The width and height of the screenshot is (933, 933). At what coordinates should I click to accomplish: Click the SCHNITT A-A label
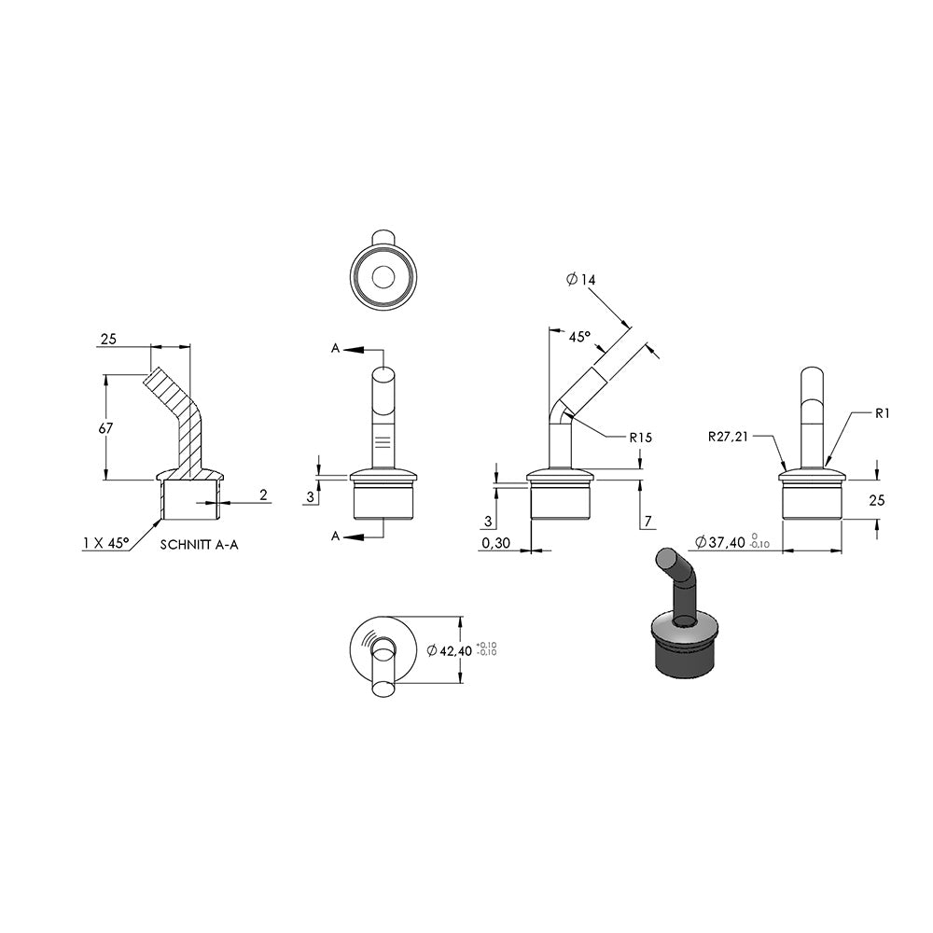tap(200, 545)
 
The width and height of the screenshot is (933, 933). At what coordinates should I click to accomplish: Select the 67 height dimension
tap(105, 428)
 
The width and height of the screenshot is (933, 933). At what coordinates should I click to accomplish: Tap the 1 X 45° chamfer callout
tap(106, 543)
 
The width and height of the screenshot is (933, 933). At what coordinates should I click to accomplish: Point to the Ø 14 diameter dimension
tap(580, 279)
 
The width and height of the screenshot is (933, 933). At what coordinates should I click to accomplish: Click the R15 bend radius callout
tap(640, 438)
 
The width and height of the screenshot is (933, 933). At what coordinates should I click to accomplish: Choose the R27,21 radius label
tap(728, 437)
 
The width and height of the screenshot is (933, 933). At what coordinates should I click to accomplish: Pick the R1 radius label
tap(882, 413)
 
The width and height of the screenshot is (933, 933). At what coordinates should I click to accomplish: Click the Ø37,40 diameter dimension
tap(720, 542)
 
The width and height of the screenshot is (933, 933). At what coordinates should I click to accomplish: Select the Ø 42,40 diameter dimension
tap(450, 650)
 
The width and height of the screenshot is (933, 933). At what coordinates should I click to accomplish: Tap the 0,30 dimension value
tap(496, 543)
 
